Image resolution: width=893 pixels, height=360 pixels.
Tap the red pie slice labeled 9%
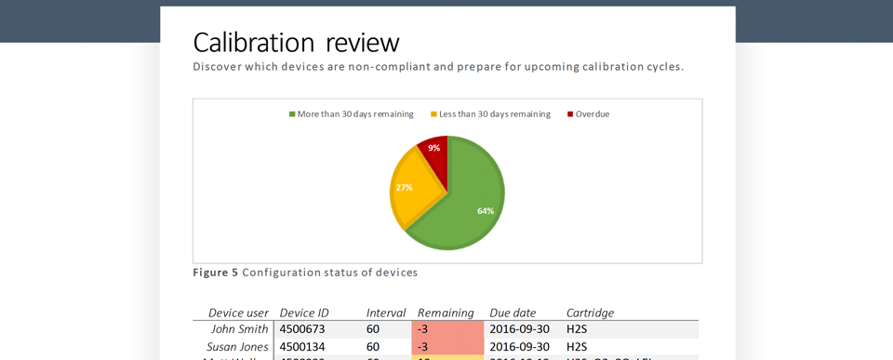[435, 151]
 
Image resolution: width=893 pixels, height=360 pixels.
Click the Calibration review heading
[296, 43]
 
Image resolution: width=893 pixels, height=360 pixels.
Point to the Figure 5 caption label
[215, 273]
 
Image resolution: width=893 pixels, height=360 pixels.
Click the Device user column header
[238, 313]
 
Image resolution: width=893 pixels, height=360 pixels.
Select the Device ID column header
[304, 313]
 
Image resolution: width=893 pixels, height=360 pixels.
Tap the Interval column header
[385, 313]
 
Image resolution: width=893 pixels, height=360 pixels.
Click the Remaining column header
[446, 313]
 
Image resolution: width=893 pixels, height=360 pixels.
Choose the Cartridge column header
[590, 313]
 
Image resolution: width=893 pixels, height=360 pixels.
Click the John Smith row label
[239, 329]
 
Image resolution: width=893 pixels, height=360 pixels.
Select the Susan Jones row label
[237, 347]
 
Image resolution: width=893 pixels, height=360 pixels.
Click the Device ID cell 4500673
[302, 329]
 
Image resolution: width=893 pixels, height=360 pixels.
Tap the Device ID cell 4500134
[302, 347]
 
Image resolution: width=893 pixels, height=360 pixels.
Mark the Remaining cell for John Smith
[447, 329]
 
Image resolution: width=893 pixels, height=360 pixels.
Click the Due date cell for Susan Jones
[519, 347]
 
